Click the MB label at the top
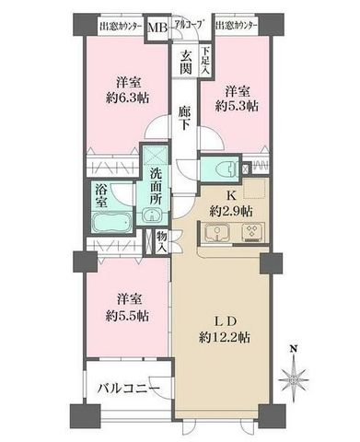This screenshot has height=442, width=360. pyautogui.click(x=158, y=27)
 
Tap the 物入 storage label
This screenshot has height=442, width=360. pyautogui.click(x=160, y=241)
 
